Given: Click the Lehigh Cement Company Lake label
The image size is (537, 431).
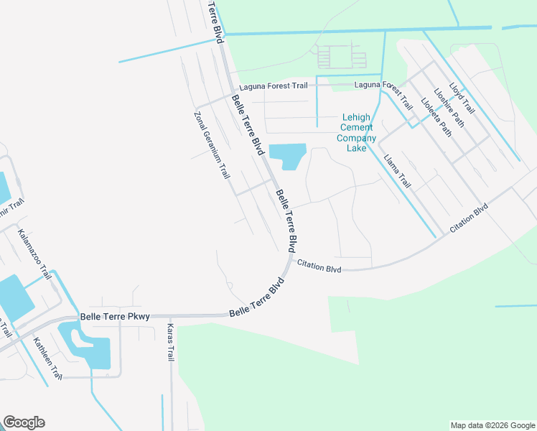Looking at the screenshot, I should [357, 133].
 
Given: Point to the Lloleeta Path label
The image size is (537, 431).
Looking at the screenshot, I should [436, 116].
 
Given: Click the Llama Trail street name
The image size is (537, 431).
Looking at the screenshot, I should [397, 171].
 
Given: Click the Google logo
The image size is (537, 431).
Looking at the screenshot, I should [24, 422].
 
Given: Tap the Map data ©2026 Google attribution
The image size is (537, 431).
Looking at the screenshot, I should [492, 425].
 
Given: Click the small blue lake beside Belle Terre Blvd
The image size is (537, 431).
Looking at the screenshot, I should [287, 155].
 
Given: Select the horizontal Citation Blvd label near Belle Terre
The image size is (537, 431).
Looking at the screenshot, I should [319, 266].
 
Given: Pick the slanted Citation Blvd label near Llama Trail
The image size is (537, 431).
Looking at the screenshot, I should [469, 218].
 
